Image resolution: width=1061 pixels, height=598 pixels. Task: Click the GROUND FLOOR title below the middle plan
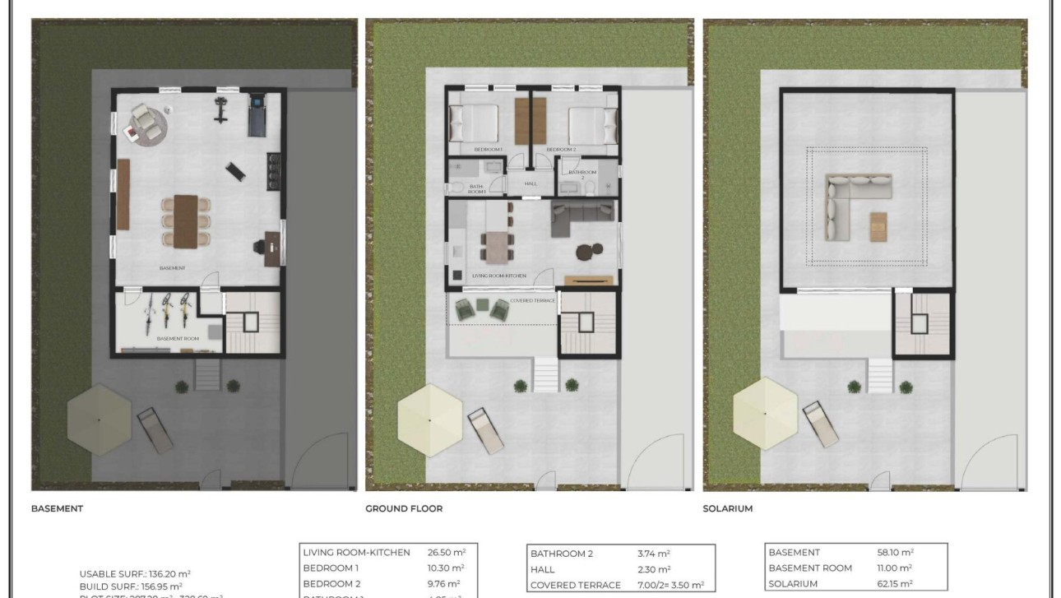[x=403, y=509]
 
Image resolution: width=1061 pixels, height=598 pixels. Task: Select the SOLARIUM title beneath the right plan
[x=727, y=509]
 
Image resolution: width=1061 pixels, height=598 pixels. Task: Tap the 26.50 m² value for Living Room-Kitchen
[x=446, y=553]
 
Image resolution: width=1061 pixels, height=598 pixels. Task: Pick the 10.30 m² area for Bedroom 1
[x=446, y=568]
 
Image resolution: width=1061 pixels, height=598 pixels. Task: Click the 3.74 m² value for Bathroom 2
[x=654, y=554]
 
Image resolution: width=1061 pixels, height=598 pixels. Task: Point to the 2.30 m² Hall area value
[x=654, y=569]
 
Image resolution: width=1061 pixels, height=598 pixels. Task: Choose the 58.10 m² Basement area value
[x=896, y=553]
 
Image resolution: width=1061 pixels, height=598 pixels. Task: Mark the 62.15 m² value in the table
[x=896, y=584]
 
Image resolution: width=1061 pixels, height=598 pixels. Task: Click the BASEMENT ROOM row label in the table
[x=810, y=568]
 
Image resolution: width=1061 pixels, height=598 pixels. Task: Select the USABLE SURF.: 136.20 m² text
[x=135, y=574]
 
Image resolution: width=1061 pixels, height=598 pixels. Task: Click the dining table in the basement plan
[x=185, y=220]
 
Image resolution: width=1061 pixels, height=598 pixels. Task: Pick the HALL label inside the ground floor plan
[x=530, y=183]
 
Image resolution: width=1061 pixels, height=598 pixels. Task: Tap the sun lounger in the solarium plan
[x=819, y=424]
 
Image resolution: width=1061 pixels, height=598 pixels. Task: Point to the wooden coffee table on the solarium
[x=878, y=225]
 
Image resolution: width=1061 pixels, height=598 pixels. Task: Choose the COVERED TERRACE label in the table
[x=575, y=585]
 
